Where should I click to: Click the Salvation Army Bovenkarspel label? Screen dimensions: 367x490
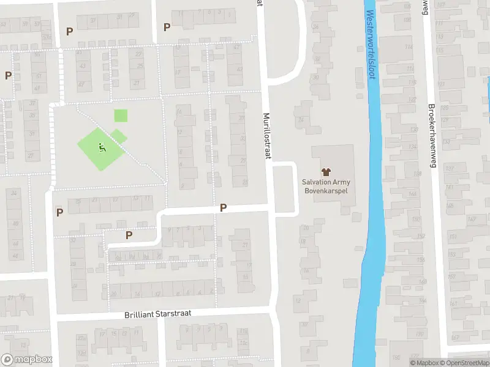(326, 186)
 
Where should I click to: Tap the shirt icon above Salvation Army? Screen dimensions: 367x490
(326, 172)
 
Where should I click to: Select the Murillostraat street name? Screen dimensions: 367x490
(267, 136)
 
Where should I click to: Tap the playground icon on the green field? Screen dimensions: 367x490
(101, 147)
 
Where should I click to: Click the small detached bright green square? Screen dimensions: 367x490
(121, 115)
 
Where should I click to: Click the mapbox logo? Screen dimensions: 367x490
(27, 360)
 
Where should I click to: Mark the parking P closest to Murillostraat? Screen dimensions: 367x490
(223, 208)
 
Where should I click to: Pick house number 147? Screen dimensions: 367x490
(472, 219)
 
